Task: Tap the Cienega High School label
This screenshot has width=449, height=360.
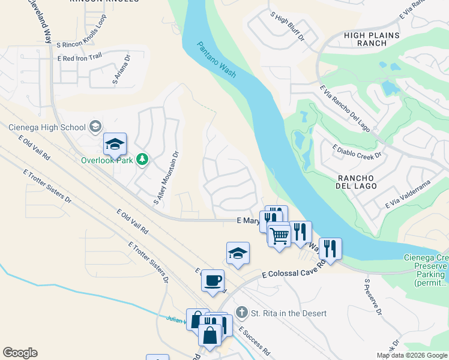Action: tap(47, 127)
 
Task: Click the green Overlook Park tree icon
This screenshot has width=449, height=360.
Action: tap(142, 160)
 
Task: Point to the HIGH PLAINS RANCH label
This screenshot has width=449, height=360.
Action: tap(372, 40)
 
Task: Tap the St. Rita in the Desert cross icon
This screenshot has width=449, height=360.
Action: tap(241, 313)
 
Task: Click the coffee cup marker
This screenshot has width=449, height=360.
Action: tap(212, 280)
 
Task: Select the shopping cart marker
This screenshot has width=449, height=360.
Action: tap(279, 235)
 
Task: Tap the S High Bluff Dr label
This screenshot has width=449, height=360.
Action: tap(288, 26)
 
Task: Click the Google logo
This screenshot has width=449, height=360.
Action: tap(20, 353)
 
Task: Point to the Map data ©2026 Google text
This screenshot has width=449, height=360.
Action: tap(411, 355)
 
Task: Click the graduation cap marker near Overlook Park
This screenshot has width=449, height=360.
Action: tap(115, 145)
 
